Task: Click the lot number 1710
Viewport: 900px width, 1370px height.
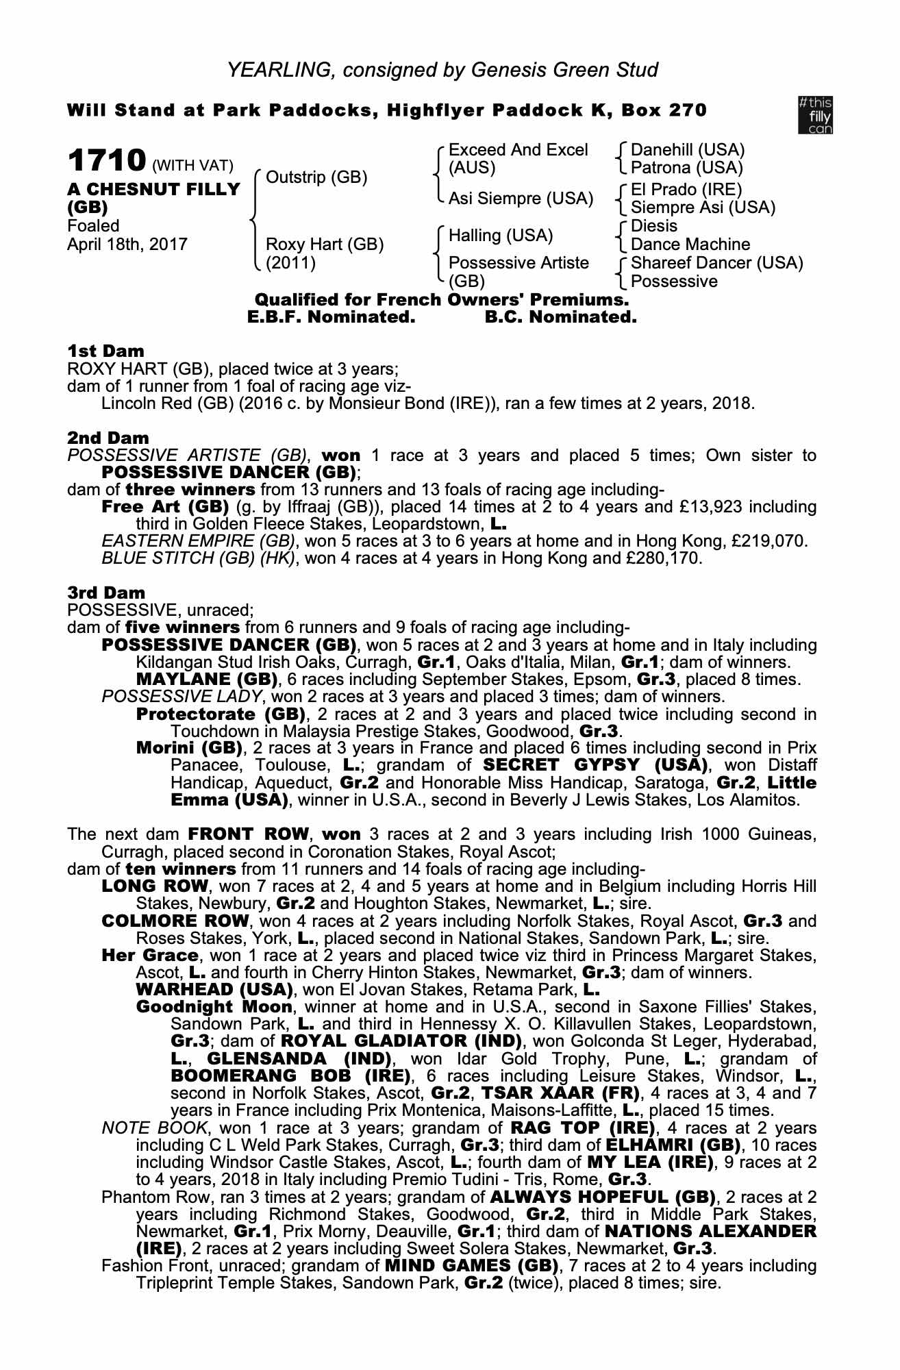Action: (x=106, y=161)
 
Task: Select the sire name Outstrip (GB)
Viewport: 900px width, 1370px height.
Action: (x=316, y=178)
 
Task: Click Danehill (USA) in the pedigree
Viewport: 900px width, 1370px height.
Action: (x=687, y=150)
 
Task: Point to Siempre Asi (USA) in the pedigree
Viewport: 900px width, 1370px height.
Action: (x=703, y=208)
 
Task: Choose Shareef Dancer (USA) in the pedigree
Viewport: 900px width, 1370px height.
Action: (x=716, y=263)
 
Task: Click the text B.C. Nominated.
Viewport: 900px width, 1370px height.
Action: (x=560, y=318)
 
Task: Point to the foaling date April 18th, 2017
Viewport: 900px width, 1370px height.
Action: (x=127, y=245)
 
